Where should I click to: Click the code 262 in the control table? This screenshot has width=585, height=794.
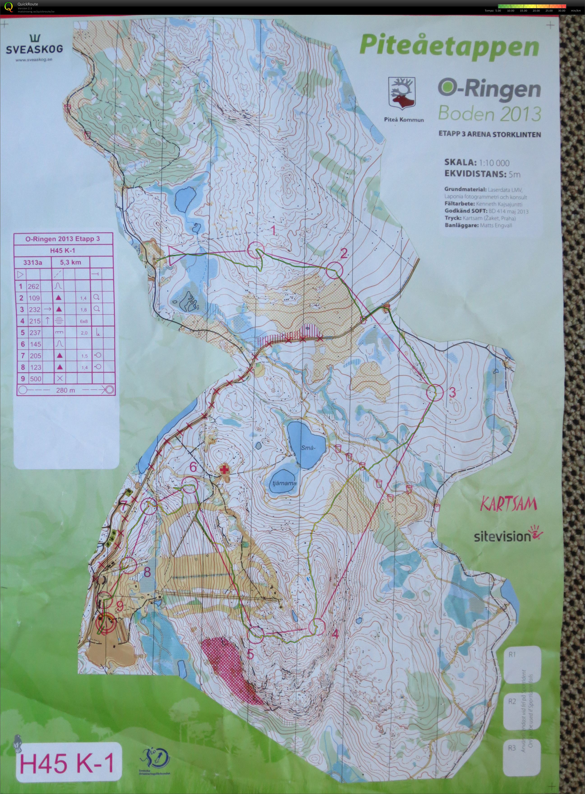click(34, 286)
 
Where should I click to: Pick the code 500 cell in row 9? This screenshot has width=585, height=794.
click(35, 379)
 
